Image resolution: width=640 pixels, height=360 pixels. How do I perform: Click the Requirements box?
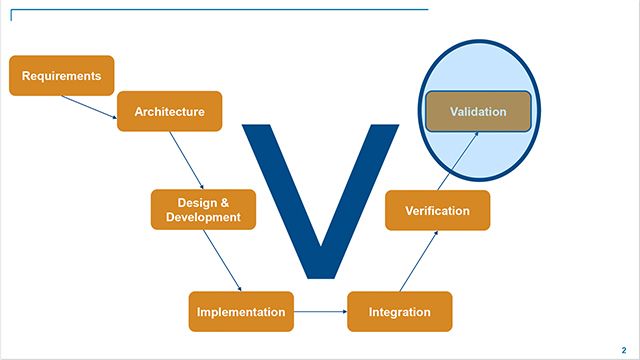(x=61, y=76)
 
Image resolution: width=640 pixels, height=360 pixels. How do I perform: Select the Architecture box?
(x=169, y=112)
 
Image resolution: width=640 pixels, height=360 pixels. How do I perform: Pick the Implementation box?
(x=241, y=312)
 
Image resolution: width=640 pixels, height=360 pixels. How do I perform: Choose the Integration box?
(x=399, y=312)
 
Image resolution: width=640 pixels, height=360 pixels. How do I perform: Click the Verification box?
(x=437, y=211)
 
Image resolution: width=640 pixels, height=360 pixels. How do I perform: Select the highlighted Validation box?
(x=478, y=112)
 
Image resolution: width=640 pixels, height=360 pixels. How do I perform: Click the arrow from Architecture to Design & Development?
(x=187, y=161)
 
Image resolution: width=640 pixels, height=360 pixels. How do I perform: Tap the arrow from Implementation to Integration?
(x=320, y=312)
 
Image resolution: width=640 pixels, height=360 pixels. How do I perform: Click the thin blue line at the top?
(x=220, y=10)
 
